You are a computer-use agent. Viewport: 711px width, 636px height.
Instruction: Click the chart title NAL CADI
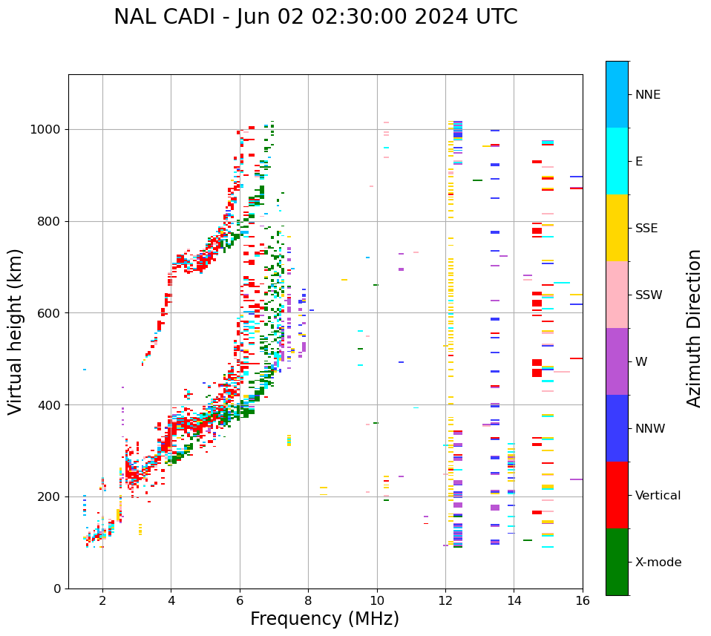click(x=315, y=17)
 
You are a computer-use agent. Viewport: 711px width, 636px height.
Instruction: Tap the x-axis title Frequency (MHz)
click(x=324, y=619)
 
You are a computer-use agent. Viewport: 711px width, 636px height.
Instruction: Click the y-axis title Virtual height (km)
click(x=16, y=332)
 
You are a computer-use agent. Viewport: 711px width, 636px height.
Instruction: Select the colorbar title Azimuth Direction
click(x=694, y=328)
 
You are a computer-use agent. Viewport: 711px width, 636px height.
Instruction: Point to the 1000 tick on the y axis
click(x=49, y=129)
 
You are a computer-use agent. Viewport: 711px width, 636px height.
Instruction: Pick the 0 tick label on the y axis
click(x=58, y=589)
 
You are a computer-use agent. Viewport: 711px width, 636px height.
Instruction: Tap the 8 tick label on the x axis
click(x=308, y=600)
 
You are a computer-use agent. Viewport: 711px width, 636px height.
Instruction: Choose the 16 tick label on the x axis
click(x=583, y=600)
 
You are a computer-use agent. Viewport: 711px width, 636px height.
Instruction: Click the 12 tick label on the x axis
click(x=445, y=600)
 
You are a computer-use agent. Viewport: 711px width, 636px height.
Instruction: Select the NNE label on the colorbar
click(x=648, y=95)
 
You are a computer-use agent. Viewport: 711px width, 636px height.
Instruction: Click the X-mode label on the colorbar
click(x=658, y=563)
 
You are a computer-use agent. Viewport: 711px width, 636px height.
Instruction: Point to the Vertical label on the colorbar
click(x=658, y=496)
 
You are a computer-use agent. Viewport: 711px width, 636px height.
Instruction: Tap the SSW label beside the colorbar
click(x=649, y=295)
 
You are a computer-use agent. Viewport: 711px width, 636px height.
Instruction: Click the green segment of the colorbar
click(x=617, y=562)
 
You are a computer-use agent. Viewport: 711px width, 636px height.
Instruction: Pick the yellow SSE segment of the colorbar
click(x=617, y=228)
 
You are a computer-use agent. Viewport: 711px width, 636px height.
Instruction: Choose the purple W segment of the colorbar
click(x=617, y=361)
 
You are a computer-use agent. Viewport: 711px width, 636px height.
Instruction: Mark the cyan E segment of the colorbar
click(x=617, y=161)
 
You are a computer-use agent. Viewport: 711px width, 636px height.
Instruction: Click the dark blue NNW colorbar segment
click(x=617, y=428)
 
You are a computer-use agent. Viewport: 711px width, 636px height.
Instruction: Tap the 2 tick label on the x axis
click(x=102, y=600)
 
